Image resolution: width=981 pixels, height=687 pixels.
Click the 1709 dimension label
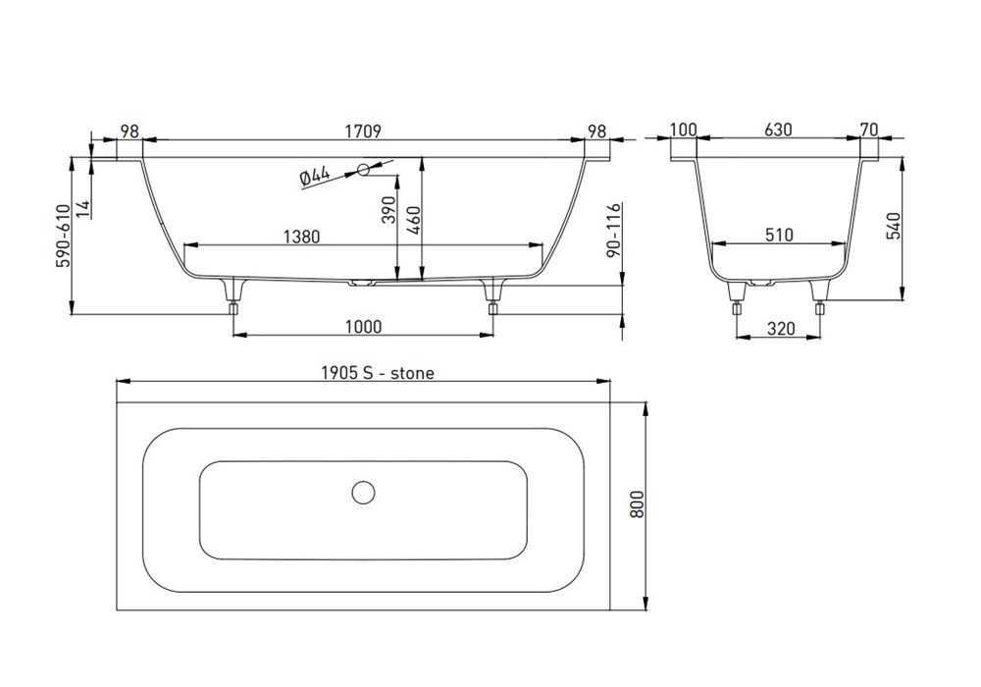(363, 132)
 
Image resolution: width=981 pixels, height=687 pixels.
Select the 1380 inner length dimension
(301, 237)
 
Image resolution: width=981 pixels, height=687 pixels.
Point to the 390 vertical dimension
(388, 210)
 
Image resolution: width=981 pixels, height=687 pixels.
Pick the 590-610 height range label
(65, 236)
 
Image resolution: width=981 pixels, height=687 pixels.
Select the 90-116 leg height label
(614, 230)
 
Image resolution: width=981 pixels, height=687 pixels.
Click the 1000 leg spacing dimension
(363, 327)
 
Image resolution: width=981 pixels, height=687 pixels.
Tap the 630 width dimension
(778, 130)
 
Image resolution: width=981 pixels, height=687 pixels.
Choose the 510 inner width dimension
(779, 235)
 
